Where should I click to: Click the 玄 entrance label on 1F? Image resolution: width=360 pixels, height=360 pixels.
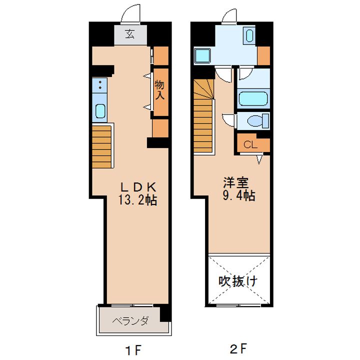click(130, 34)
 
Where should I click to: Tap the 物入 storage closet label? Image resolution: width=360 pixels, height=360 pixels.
click(159, 90)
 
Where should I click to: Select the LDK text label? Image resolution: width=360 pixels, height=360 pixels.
click(138, 187)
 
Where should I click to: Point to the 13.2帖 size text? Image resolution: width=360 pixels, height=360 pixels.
click(137, 200)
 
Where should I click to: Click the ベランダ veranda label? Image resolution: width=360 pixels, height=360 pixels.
click(130, 321)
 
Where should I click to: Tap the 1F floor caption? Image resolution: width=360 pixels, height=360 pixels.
click(132, 350)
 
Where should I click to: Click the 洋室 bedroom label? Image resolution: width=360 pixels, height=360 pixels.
click(235, 183)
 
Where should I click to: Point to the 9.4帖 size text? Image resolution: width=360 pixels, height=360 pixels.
click(239, 195)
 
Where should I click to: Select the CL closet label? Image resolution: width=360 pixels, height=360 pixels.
click(250, 145)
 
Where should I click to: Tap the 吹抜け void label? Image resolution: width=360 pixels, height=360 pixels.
click(238, 281)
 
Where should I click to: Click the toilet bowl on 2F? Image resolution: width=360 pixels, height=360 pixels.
click(258, 120)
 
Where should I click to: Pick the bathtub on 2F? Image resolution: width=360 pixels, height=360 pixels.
click(253, 98)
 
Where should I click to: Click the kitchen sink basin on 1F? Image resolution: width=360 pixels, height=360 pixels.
click(100, 111)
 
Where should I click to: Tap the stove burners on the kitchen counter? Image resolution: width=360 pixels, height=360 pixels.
click(100, 84)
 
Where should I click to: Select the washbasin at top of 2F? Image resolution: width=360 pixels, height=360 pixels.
click(249, 35)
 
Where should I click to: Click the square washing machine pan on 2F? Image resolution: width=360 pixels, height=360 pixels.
click(202, 55)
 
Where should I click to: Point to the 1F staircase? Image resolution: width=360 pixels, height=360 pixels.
click(101, 146)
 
